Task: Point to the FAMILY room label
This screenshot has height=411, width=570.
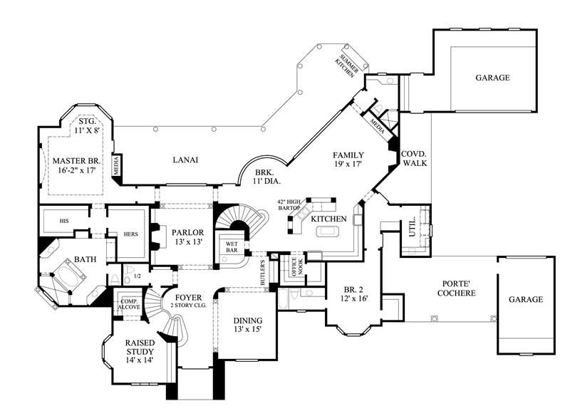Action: pos(349,155)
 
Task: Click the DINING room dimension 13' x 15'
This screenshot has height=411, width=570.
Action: pos(247,330)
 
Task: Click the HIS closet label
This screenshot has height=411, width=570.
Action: pos(48,221)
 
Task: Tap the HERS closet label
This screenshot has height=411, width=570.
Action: pos(130,234)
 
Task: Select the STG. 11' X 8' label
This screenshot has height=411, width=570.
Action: pos(87,126)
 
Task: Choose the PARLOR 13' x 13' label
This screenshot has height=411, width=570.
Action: pos(187,237)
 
